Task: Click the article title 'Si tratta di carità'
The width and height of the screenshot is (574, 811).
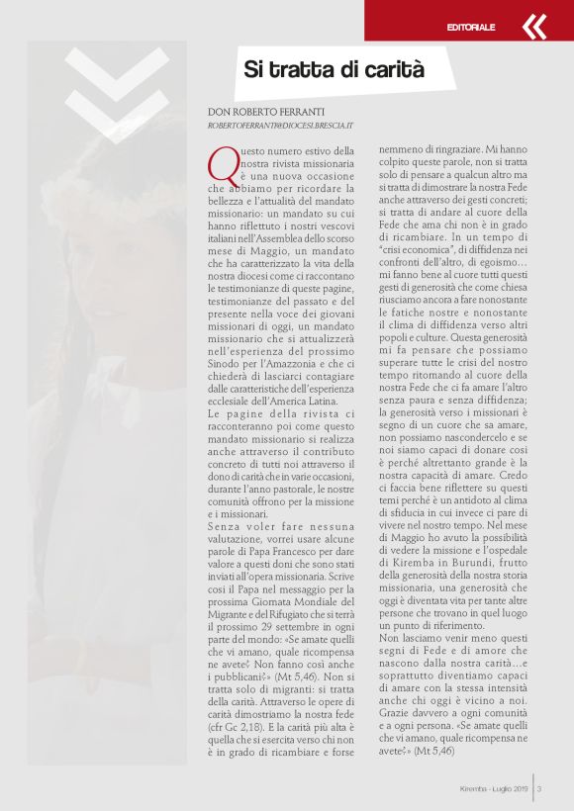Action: point(334,70)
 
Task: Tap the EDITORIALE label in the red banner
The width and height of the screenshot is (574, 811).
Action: point(471,27)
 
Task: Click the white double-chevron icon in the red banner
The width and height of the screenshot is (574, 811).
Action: point(534,27)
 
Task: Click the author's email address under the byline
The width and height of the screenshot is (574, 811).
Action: point(281,128)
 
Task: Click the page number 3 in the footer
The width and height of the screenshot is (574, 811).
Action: point(539,788)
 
